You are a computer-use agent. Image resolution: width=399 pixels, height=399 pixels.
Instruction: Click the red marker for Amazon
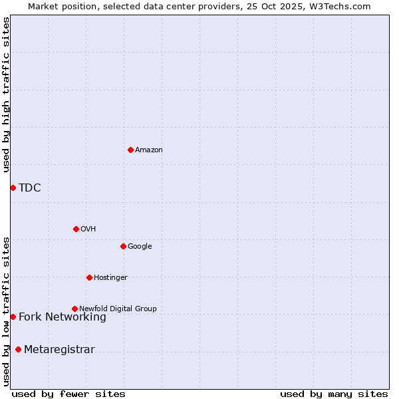click(130, 150)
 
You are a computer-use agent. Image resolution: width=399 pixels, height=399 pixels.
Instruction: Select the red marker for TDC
click(13, 188)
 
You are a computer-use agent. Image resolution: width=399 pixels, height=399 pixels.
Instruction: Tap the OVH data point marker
click(76, 229)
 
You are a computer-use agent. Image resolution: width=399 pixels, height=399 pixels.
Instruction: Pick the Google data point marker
click(123, 246)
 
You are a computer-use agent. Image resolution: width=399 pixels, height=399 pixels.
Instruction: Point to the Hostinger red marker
click(89, 277)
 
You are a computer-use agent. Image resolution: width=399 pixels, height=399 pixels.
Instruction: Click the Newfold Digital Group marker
click(74, 309)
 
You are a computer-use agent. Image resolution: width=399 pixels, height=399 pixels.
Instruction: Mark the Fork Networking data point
click(13, 317)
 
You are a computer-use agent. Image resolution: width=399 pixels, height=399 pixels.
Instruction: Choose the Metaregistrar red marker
click(18, 349)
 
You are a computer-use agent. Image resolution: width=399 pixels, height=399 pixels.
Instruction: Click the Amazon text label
click(149, 150)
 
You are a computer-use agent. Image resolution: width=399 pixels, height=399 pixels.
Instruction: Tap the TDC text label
click(30, 188)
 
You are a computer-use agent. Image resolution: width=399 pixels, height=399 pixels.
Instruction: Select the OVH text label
click(88, 229)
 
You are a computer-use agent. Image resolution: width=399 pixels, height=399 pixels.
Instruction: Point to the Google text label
click(140, 247)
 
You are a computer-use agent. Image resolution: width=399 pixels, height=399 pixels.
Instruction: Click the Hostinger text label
click(110, 278)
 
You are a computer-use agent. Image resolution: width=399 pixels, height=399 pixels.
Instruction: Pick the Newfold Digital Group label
click(118, 309)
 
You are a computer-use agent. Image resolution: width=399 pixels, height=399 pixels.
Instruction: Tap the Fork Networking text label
click(63, 317)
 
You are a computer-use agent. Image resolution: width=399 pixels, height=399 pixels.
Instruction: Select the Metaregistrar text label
click(59, 350)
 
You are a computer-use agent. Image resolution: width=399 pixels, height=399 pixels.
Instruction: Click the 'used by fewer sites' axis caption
click(68, 394)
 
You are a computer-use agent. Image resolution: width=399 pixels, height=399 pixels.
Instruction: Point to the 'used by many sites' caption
click(334, 394)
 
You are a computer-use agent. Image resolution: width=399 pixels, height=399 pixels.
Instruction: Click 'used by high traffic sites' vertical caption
click(6, 94)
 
